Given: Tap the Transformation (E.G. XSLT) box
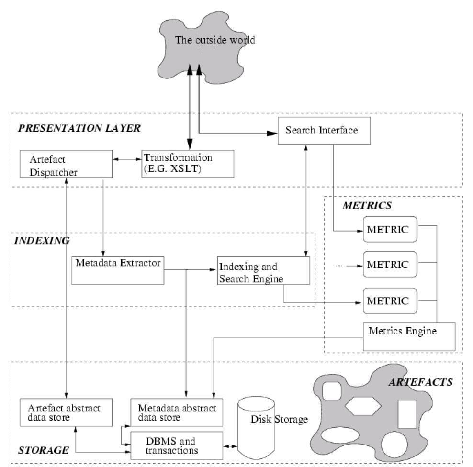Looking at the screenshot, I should [187, 163].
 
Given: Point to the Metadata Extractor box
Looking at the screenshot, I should [117, 270].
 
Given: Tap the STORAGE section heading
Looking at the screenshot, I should [37, 450].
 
